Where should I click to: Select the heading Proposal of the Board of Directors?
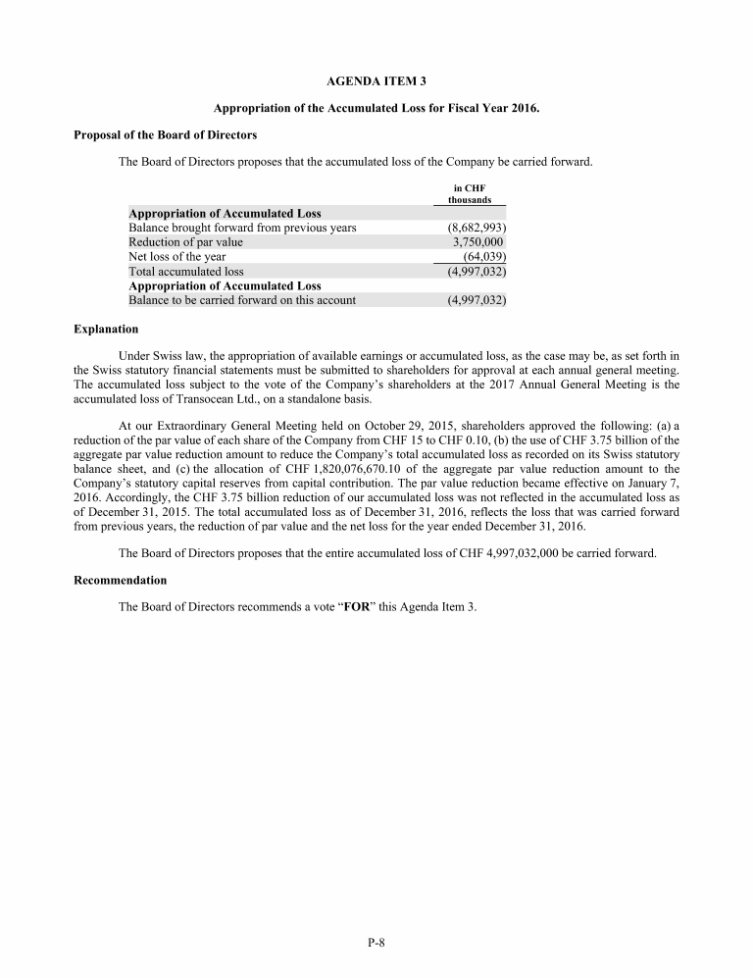(166, 134)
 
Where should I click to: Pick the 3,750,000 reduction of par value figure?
(477, 242)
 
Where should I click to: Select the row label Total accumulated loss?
(186, 272)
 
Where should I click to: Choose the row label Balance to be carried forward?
(242, 300)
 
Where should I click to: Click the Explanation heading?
(106, 329)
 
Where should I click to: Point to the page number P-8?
(376, 944)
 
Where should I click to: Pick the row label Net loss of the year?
(177, 257)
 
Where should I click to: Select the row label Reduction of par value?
(186, 242)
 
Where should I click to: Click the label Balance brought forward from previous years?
(242, 228)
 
